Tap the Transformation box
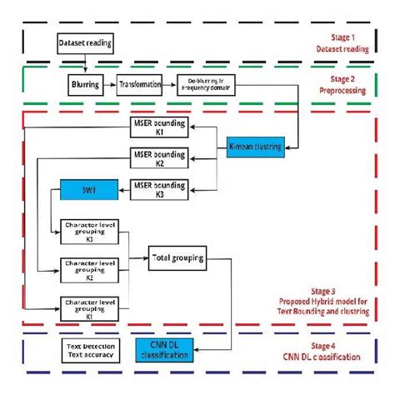140,84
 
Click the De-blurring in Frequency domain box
202,84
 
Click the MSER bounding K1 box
161,127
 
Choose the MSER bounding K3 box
161,187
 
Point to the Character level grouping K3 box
83,227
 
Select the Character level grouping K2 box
83,268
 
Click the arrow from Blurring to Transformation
111,84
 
